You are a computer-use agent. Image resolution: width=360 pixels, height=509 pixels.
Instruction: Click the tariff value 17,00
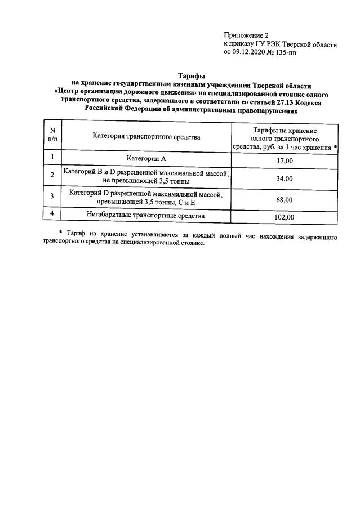285,160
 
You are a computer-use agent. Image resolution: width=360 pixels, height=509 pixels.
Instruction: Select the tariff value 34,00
285,178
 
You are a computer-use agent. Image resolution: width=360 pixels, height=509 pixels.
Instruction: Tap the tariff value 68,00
285,200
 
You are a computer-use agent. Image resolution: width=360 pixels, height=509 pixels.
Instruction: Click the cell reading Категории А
146,159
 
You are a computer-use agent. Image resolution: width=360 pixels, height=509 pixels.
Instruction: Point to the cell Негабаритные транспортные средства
146,215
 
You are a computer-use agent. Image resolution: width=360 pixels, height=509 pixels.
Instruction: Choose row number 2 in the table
52,175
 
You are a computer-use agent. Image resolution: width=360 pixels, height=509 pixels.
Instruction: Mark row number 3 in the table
52,196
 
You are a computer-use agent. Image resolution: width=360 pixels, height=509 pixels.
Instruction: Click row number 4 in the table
52,213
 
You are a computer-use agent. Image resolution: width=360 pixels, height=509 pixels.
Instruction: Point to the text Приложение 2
247,35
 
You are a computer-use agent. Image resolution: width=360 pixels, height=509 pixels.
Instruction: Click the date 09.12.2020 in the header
251,53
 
